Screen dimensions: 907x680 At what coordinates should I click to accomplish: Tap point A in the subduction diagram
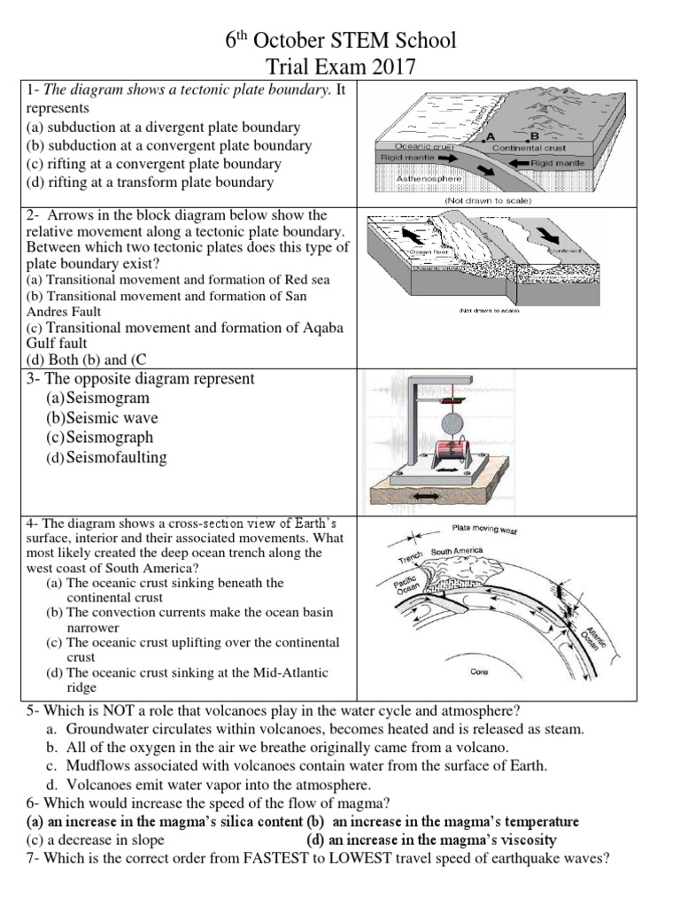pyautogui.click(x=489, y=137)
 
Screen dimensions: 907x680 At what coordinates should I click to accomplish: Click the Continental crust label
pyautogui.click(x=529, y=148)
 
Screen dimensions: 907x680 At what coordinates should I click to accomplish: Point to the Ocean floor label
pyautogui.click(x=426, y=252)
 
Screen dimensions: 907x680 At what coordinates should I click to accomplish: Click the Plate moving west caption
pyautogui.click(x=484, y=531)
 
